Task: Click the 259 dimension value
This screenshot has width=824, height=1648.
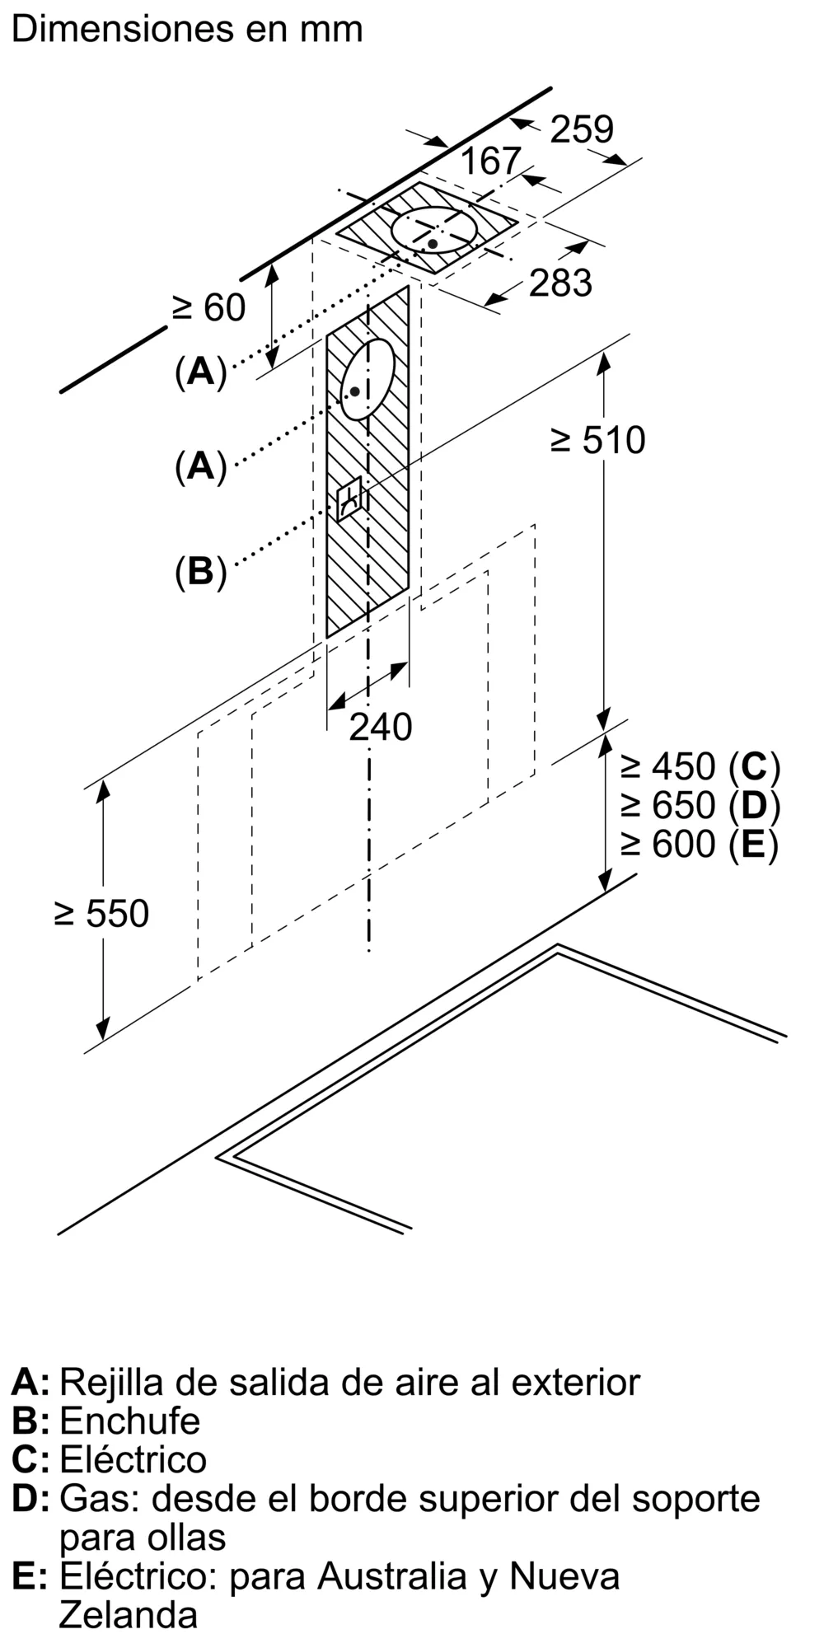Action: (582, 129)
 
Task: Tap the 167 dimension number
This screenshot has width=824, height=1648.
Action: (490, 161)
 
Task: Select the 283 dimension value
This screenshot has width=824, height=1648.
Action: (560, 283)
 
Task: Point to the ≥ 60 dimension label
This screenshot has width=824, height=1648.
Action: (208, 308)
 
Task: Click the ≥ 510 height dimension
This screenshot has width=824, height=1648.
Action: (598, 441)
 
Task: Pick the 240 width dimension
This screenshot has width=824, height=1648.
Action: (380, 727)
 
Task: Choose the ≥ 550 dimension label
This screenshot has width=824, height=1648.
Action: (101, 914)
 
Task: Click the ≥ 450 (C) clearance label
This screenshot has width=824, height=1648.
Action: (700, 767)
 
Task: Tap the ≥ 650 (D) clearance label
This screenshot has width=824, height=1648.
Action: (700, 805)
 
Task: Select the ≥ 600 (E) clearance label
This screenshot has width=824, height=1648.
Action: (700, 844)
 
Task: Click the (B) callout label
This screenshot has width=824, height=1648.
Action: (200, 571)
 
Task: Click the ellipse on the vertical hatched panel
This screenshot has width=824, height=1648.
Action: (368, 380)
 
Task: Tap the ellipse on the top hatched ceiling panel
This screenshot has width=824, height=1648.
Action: (434, 230)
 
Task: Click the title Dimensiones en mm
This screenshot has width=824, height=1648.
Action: (187, 30)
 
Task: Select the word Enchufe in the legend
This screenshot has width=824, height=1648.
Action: (129, 1421)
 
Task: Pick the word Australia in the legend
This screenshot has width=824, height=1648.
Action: (391, 1575)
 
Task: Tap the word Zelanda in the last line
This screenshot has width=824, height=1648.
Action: (128, 1615)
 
